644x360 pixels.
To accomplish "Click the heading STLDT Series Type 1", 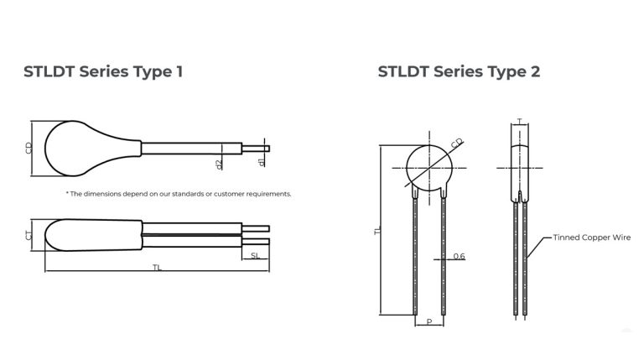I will pyautogui.click(x=103, y=71).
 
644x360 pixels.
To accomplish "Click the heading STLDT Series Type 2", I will pyautogui.click(x=459, y=71).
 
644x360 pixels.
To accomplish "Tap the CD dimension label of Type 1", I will pyautogui.click(x=30, y=148).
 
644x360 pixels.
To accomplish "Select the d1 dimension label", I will pyautogui.click(x=262, y=160).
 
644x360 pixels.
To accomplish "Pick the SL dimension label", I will pyautogui.click(x=255, y=255).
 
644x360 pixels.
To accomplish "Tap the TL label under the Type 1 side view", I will pyautogui.click(x=157, y=268).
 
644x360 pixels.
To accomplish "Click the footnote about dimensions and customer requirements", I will pyautogui.click(x=179, y=194).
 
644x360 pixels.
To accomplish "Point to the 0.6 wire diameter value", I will pyautogui.click(x=459, y=255).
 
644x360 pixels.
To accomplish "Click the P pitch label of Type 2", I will pyautogui.click(x=429, y=321).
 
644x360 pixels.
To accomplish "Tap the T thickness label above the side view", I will pyautogui.click(x=521, y=123).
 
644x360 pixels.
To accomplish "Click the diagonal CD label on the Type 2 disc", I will pyautogui.click(x=457, y=143).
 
